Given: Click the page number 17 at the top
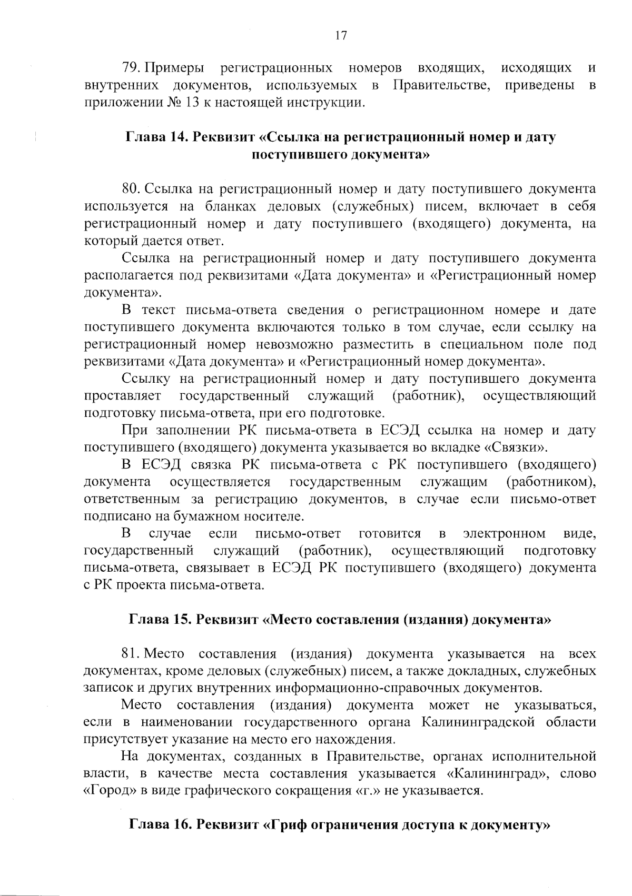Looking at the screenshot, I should [x=340, y=36].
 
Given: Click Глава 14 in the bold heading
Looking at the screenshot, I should [x=155, y=137].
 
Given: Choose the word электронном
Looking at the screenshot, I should [x=505, y=534].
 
